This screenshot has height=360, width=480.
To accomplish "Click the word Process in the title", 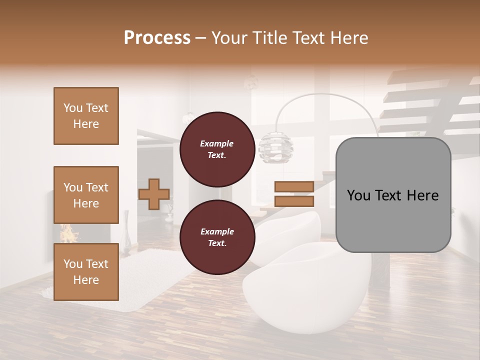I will (x=157, y=38).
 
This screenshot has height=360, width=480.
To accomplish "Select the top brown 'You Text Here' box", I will (x=86, y=116).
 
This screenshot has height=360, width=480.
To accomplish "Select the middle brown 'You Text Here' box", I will (x=86, y=195).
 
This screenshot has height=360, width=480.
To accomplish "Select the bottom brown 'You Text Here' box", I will (x=86, y=272).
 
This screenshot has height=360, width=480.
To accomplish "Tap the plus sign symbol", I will (x=154, y=194).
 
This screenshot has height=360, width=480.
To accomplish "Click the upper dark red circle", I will (x=217, y=149).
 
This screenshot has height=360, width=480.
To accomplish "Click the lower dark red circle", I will (x=217, y=237).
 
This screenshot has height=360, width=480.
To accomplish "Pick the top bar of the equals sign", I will (x=294, y=186).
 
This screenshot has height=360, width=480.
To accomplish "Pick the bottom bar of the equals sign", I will (x=294, y=201).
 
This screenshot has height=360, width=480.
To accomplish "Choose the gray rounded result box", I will (x=393, y=195).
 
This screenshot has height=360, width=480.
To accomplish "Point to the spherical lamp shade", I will (x=276, y=147).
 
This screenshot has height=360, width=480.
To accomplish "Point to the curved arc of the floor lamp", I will (x=320, y=96).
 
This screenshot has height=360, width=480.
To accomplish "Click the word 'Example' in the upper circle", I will (x=217, y=143).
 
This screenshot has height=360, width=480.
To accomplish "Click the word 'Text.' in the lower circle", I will (x=217, y=243).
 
